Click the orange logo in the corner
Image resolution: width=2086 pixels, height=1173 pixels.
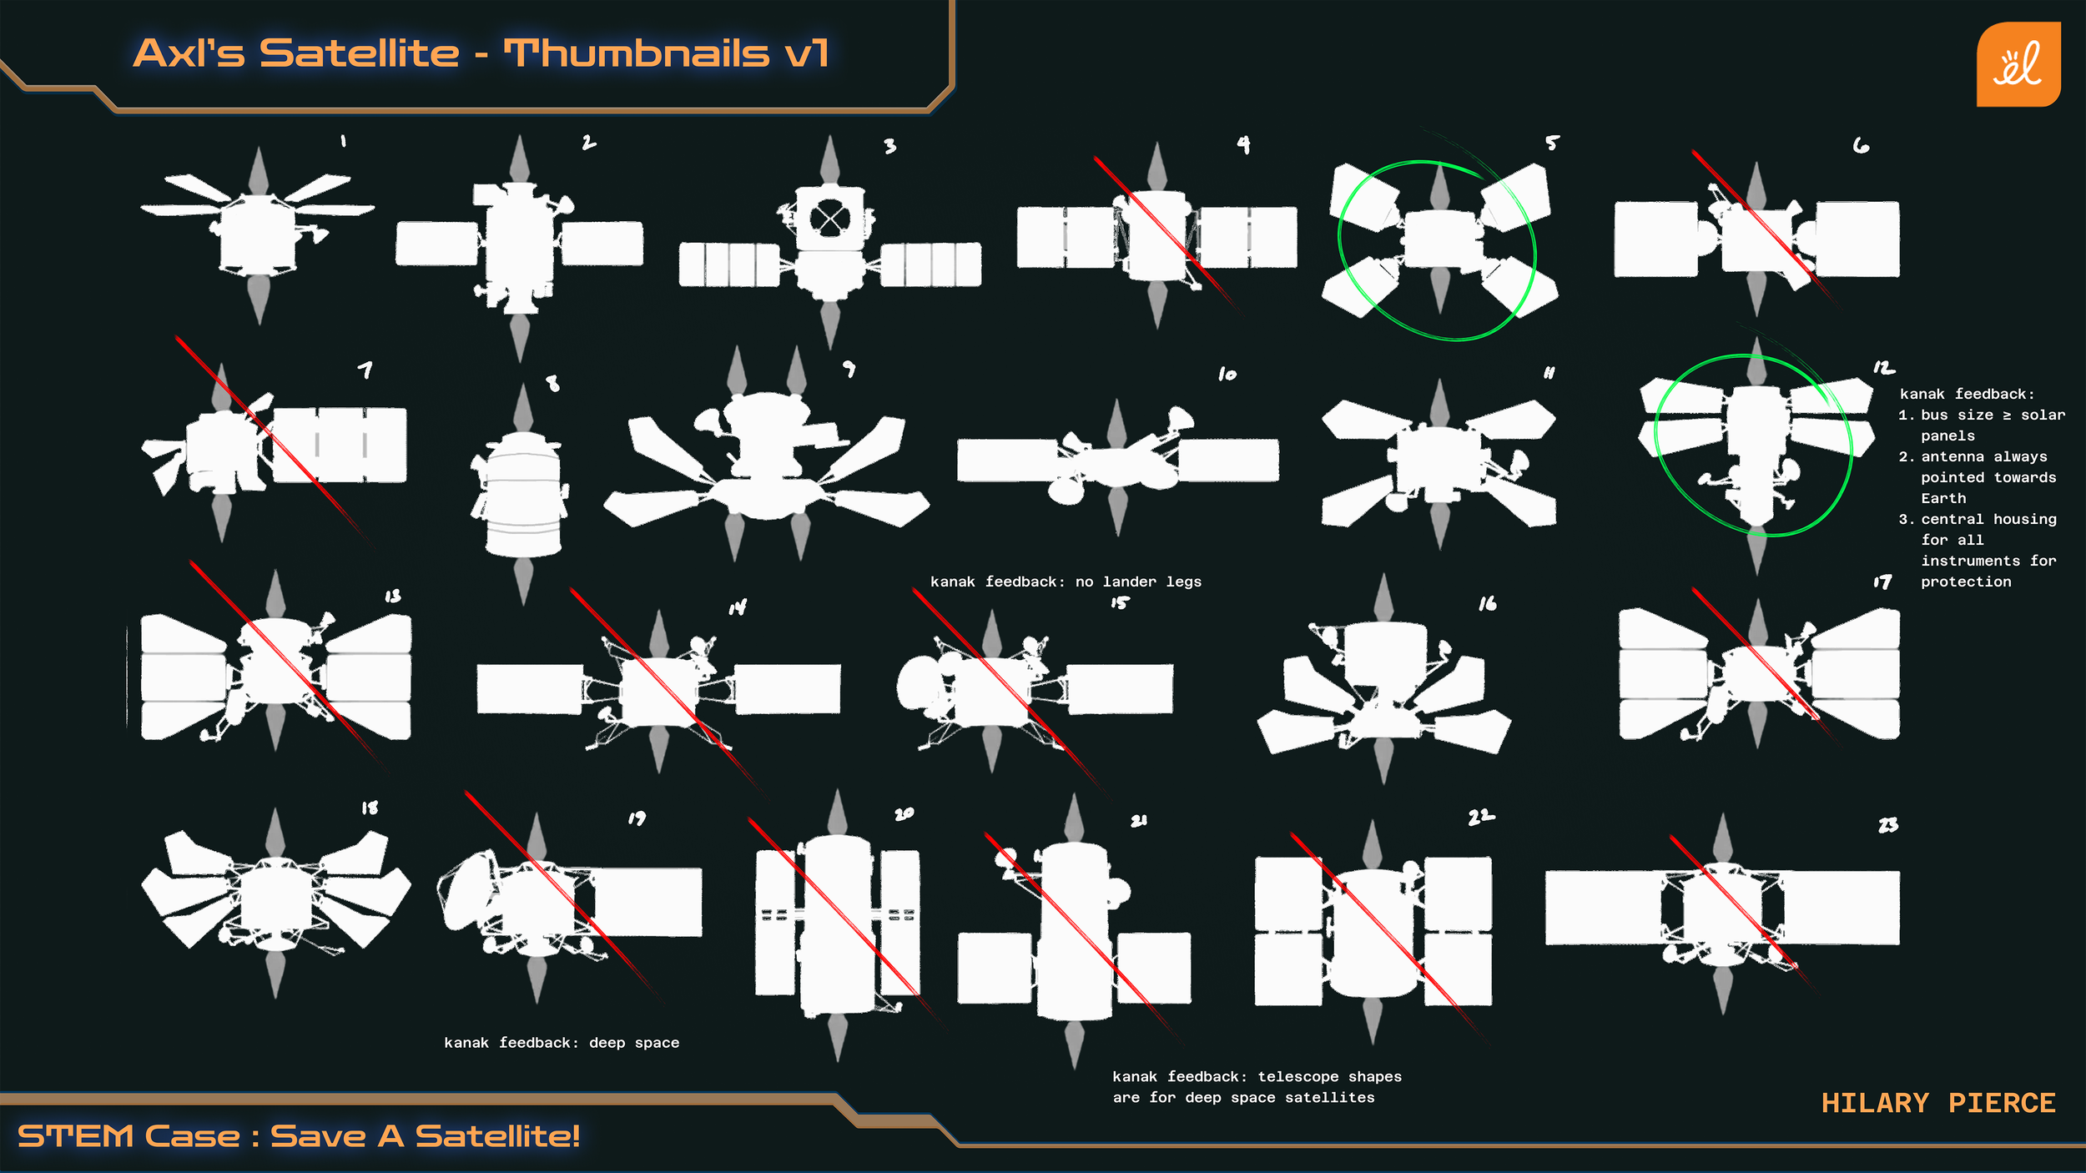(x=2018, y=64)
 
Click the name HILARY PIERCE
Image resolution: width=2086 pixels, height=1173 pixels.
(x=1937, y=1103)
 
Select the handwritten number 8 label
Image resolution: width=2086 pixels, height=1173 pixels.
(x=552, y=383)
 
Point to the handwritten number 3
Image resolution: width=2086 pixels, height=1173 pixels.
(x=890, y=146)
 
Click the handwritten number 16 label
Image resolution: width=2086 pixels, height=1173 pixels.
(x=1487, y=603)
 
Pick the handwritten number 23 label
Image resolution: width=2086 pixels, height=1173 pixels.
(x=1888, y=825)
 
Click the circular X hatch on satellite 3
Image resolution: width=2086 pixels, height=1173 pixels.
(x=829, y=220)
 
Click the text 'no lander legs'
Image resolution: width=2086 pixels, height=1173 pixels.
(x=1138, y=581)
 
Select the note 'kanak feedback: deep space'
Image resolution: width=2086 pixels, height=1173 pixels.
(x=562, y=1043)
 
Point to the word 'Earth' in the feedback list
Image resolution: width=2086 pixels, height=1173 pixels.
(x=1943, y=498)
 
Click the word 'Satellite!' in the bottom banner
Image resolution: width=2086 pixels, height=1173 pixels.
(x=497, y=1136)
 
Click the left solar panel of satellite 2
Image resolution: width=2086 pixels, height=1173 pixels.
(x=436, y=243)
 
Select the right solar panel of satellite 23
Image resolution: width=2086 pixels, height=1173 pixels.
(x=1840, y=908)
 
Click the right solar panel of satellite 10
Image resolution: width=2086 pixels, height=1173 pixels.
(x=1227, y=461)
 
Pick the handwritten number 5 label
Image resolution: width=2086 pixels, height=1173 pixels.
(x=1551, y=143)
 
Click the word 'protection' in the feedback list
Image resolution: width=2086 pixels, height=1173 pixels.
(x=1966, y=581)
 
